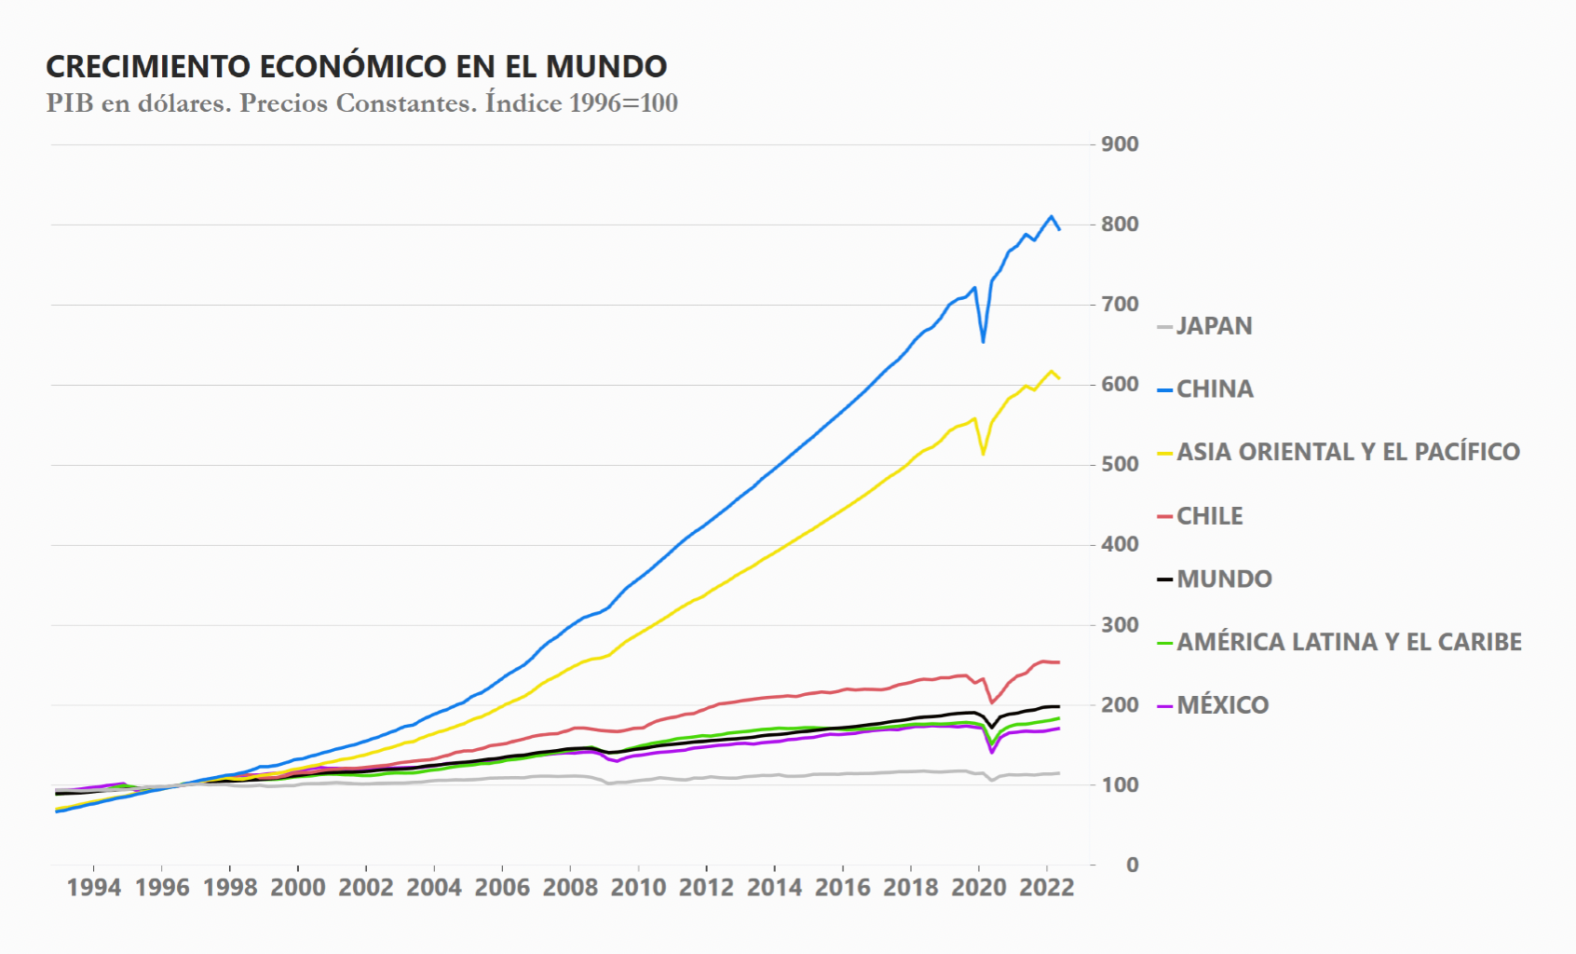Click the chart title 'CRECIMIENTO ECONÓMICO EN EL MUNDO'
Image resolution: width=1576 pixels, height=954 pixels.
tap(356, 67)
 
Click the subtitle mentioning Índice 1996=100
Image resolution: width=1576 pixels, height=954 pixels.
tap(361, 103)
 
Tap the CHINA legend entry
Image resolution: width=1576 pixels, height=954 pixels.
tap(1215, 389)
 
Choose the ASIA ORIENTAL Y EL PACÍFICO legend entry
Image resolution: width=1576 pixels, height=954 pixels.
tap(1347, 452)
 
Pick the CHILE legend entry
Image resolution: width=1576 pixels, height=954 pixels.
tap(1209, 516)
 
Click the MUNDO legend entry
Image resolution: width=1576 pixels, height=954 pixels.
tap(1224, 579)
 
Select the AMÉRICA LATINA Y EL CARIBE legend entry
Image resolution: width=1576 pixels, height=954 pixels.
tap(1348, 642)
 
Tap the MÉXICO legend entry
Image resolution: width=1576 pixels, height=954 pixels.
tap(1222, 705)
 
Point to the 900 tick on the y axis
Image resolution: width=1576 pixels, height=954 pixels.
tap(1120, 144)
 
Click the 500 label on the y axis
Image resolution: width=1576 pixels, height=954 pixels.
tap(1120, 465)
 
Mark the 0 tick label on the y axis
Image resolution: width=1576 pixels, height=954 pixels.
tap(1132, 865)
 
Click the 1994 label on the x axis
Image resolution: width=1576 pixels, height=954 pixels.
tap(94, 888)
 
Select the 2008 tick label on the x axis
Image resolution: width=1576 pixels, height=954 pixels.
tap(570, 888)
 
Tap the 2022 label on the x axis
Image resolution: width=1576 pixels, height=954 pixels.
tap(1047, 888)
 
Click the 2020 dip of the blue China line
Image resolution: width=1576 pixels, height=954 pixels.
tap(984, 342)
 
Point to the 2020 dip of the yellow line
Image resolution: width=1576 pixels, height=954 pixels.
tap(984, 454)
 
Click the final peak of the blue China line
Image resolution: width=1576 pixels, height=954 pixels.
tap(1052, 216)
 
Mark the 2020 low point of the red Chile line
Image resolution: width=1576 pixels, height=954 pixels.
tap(991, 702)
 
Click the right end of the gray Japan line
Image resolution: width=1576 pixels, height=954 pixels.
tap(1059, 773)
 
